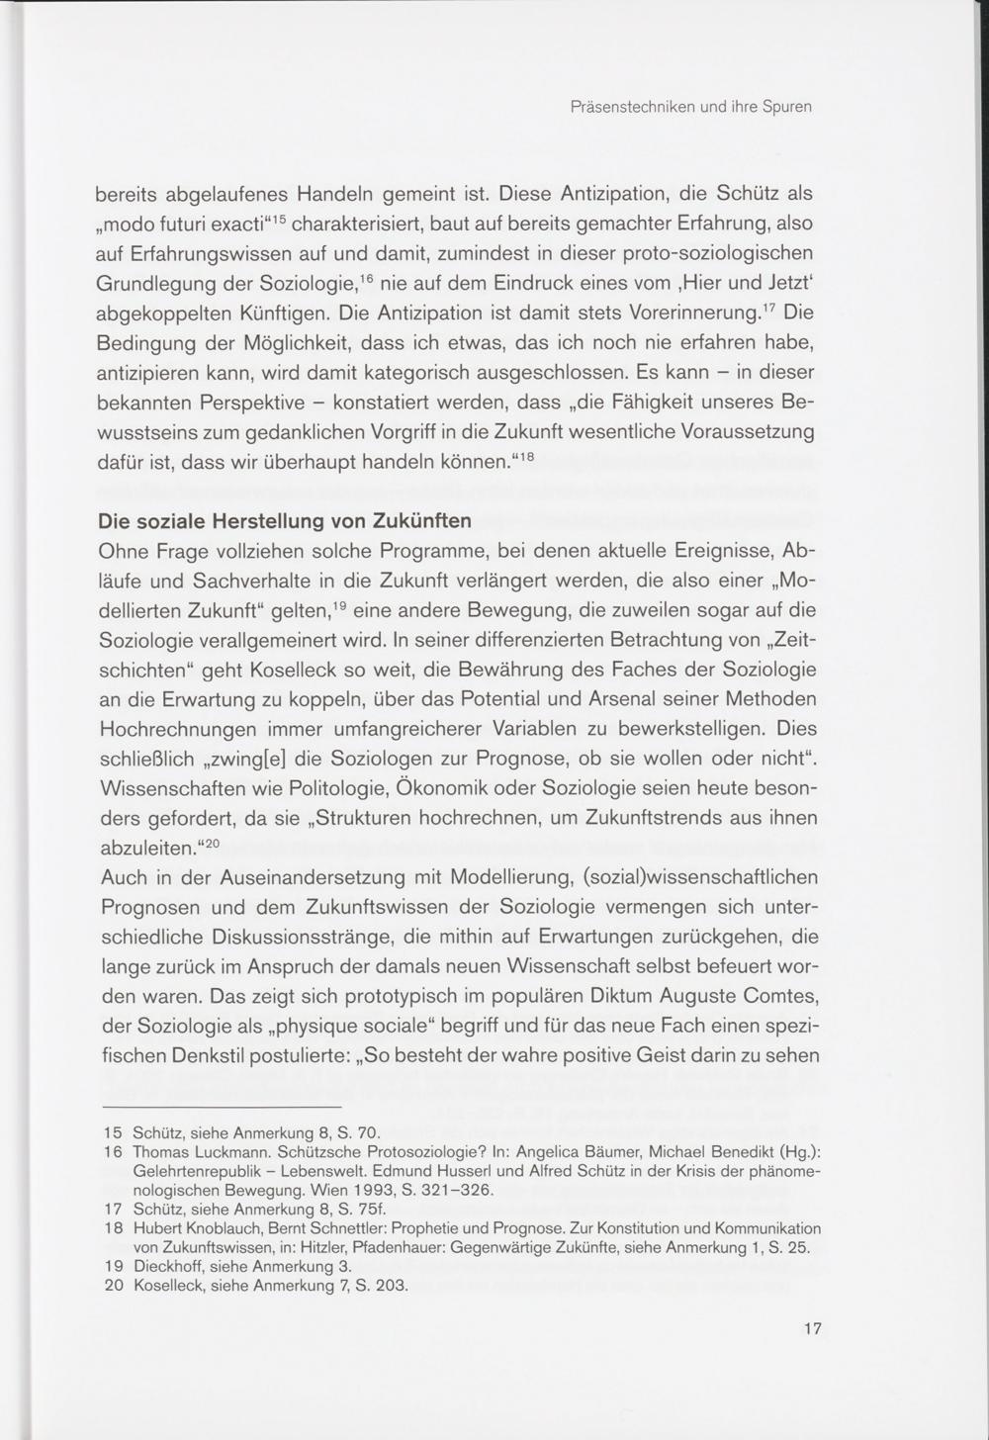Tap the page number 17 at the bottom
pos(813,1329)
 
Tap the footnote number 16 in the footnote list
pos(114,1152)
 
